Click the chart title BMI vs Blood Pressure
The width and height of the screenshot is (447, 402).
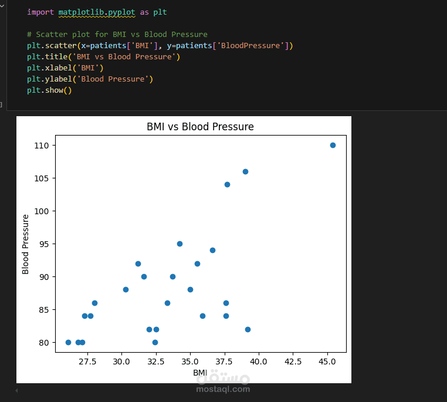[x=200, y=127]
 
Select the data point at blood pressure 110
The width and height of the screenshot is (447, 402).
[x=333, y=146]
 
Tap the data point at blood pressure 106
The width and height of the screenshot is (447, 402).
[x=245, y=171]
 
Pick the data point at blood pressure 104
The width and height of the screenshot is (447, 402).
[x=227, y=184]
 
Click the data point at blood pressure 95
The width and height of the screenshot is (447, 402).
[x=180, y=244]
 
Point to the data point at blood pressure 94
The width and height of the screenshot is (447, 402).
[x=213, y=251]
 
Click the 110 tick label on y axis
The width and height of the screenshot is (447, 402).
[x=42, y=146]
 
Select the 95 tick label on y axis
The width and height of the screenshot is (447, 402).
[x=44, y=244]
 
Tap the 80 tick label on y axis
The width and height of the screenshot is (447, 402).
[x=44, y=343]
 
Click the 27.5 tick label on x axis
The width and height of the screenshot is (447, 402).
[x=87, y=362]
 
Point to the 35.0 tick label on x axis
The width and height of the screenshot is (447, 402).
[x=190, y=362]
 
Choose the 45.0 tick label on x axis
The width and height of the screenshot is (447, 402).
[x=327, y=362]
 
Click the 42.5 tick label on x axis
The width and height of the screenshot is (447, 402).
[x=293, y=362]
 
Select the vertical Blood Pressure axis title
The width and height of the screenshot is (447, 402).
[x=25, y=244]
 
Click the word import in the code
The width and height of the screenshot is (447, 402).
[x=40, y=12]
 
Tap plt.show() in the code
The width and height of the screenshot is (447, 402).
[x=49, y=90]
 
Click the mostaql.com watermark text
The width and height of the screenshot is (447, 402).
[x=223, y=389]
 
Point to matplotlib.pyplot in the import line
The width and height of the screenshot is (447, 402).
[x=97, y=12]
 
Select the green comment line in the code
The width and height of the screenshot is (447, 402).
[x=117, y=35]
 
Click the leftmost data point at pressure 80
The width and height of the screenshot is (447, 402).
[x=69, y=342]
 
